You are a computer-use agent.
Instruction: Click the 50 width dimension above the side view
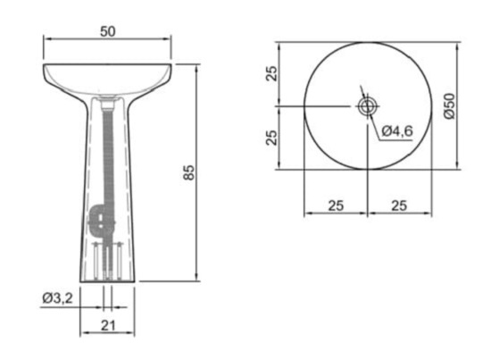107,31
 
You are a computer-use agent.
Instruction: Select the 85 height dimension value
189,172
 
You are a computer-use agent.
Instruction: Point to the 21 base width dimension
107,326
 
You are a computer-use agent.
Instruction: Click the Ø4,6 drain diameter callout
396,131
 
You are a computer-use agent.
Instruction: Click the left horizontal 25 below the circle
335,205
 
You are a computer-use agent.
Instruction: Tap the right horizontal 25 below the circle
399,205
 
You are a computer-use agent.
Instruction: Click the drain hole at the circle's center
367,106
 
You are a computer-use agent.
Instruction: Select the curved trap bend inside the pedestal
100,220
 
